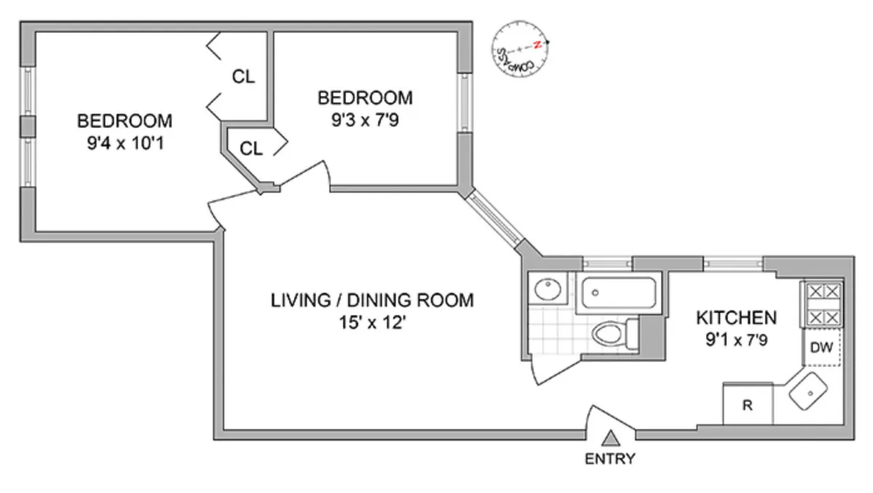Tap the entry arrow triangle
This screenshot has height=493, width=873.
612,438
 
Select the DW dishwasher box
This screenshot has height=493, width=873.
821,348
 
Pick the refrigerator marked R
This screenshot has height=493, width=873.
746,404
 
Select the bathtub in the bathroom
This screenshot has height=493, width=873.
619,293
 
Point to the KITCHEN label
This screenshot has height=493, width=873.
736,318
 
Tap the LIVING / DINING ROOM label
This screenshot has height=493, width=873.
372,300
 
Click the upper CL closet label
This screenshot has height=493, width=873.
244,76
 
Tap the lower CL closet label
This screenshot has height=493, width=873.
251,149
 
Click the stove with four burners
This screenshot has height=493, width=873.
822,304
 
